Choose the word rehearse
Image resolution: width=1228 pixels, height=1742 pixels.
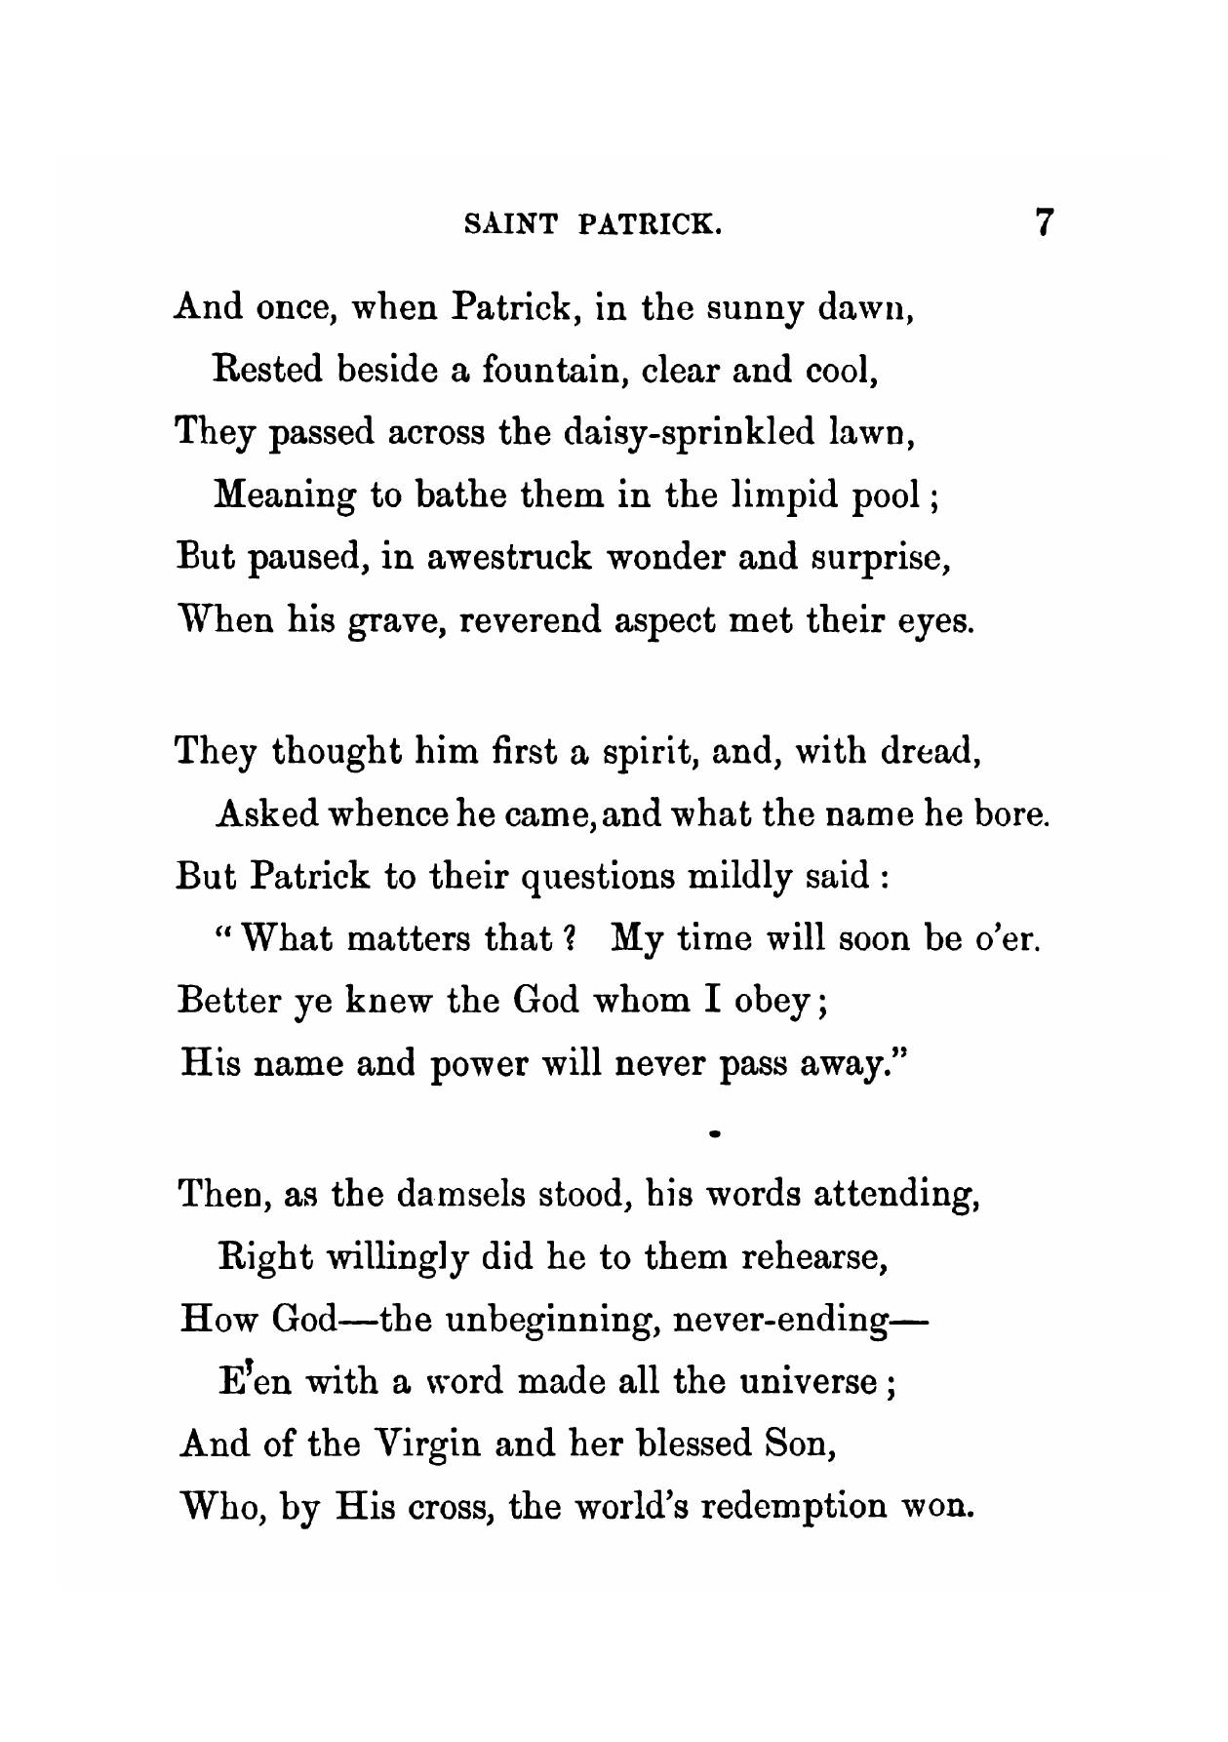click(812, 1257)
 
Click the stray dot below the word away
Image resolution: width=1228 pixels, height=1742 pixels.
click(715, 1134)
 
